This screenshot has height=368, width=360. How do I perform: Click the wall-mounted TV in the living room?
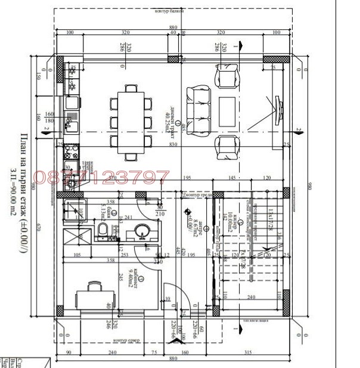[279, 110]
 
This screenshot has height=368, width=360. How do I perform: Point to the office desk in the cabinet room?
[94, 296]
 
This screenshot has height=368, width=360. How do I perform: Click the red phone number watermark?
[101, 177]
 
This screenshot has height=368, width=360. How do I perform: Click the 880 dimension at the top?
[173, 27]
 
